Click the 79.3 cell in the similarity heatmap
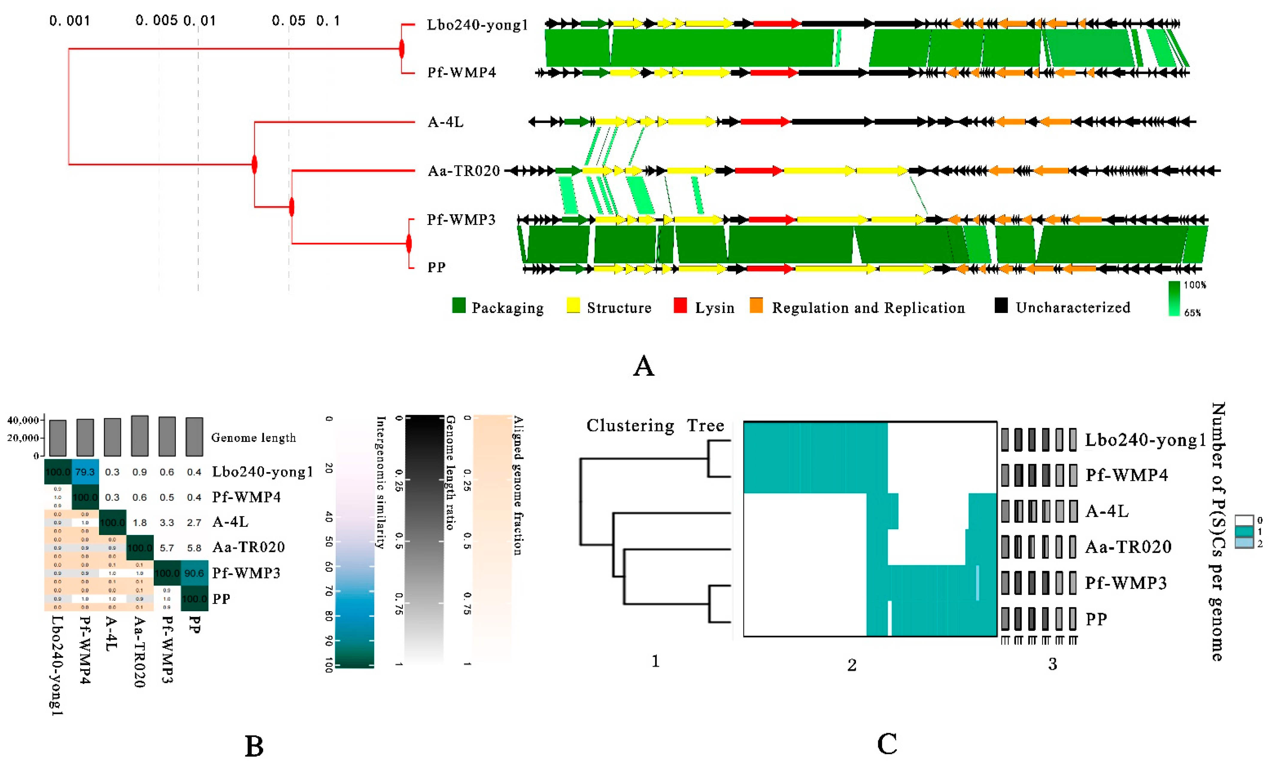click(85, 472)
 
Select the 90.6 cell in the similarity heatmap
click(194, 573)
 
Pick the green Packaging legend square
click(458, 306)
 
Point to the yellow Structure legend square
click(573, 306)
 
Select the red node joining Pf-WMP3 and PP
click(409, 244)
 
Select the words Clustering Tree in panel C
click(655, 426)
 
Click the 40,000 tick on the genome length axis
click(23, 421)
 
